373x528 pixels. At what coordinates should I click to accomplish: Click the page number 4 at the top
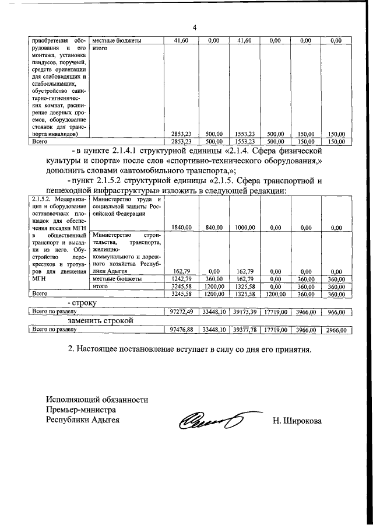point(195,27)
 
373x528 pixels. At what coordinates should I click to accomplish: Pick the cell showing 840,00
point(213,228)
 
